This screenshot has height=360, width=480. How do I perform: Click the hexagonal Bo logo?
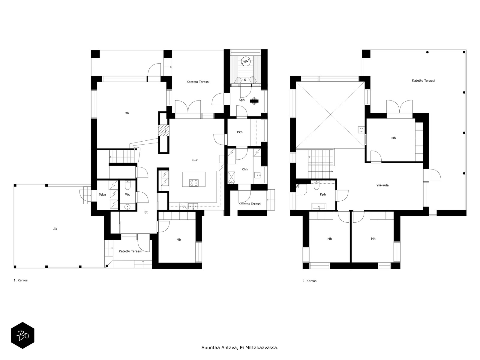pyautogui.click(x=22, y=335)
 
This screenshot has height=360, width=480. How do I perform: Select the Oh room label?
pyautogui.click(x=127, y=113)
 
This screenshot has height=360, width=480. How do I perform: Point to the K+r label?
pyautogui.click(x=195, y=160)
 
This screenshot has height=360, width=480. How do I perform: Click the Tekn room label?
pyautogui.click(x=102, y=194)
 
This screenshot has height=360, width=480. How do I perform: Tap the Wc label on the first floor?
pyautogui.click(x=127, y=194)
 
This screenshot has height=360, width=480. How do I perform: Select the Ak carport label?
pyautogui.click(x=55, y=229)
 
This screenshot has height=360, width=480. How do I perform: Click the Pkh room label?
pyautogui.click(x=240, y=132)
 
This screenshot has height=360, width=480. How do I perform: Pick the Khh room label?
pyautogui.click(x=244, y=169)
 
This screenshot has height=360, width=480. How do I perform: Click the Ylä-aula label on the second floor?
pyautogui.click(x=382, y=185)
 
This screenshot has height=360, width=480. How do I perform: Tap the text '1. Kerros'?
pyautogui.click(x=21, y=280)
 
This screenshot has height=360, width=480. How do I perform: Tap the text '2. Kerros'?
pyautogui.click(x=309, y=281)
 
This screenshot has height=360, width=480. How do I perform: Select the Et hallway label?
pyautogui.click(x=146, y=212)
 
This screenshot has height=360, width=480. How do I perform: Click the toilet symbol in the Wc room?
pyautogui.click(x=127, y=186)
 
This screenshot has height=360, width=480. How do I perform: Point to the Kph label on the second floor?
pyautogui.click(x=323, y=194)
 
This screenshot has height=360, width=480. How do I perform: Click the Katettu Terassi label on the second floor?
pyautogui.click(x=423, y=80)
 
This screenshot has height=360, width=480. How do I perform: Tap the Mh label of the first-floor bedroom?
pyautogui.click(x=179, y=240)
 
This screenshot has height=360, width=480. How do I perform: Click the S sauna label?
pyautogui.click(x=245, y=80)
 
